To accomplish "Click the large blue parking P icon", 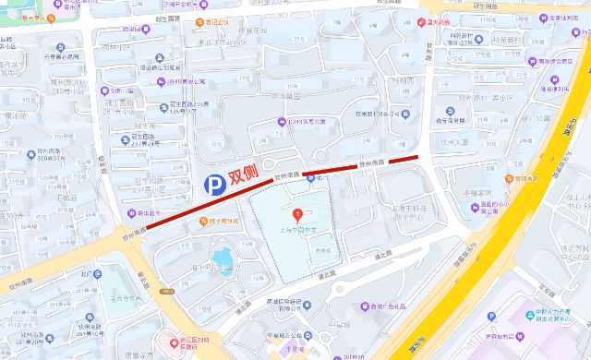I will pyautogui.click(x=214, y=186).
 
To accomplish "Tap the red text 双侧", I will pyautogui.click(x=243, y=175).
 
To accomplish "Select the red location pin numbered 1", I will pyautogui.click(x=297, y=215).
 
